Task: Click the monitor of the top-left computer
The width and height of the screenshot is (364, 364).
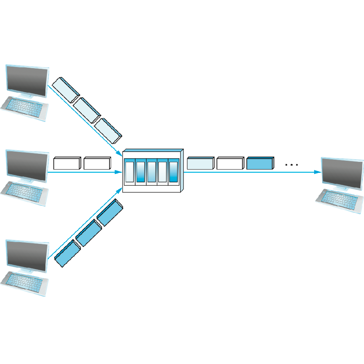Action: click(27, 81)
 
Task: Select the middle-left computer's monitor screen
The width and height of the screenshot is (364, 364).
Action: click(27, 166)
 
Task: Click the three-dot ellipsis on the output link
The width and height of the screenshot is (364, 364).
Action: click(291, 165)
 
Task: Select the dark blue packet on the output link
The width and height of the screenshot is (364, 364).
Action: click(260, 163)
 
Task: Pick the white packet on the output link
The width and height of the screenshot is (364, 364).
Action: click(230, 163)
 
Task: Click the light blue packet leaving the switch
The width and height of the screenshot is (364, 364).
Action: click(200, 163)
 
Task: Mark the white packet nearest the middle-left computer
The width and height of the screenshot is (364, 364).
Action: click(67, 163)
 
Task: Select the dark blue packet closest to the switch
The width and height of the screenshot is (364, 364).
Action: click(109, 213)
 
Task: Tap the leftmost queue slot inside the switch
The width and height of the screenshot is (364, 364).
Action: click(130, 171)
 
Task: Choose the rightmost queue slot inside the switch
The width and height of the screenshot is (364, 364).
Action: click(173, 171)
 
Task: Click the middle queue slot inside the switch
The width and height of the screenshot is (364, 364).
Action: click(152, 171)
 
